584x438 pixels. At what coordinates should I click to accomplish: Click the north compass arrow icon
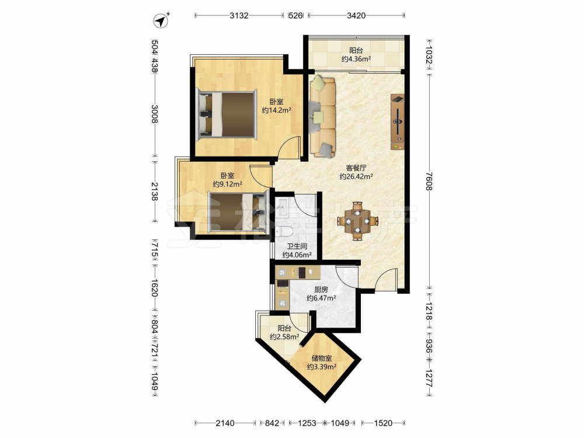coord(162,20)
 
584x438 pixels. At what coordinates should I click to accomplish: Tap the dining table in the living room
coord(357,221)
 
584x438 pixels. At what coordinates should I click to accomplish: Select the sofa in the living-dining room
coord(322,116)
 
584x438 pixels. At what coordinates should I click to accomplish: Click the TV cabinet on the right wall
coord(397,122)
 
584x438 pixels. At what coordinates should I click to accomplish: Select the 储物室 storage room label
coord(322,359)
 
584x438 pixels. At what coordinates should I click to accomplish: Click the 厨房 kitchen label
coord(321,290)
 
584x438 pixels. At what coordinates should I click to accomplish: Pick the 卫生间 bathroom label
coord(297,246)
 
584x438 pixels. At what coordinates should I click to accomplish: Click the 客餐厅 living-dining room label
coord(356,168)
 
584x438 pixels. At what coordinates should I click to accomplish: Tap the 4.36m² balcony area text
coord(356,59)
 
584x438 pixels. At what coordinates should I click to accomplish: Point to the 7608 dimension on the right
coord(429,181)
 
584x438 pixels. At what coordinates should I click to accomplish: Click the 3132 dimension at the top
coord(239,15)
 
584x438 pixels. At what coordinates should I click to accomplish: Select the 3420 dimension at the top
coord(356,15)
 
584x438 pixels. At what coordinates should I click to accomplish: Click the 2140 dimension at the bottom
coord(225,423)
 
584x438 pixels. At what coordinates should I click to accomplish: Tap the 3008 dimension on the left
coord(155,114)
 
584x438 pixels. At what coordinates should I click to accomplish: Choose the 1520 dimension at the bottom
coord(383,423)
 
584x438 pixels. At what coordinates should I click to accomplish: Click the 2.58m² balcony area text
coord(284,337)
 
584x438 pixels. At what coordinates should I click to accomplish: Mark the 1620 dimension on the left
coord(155,288)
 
